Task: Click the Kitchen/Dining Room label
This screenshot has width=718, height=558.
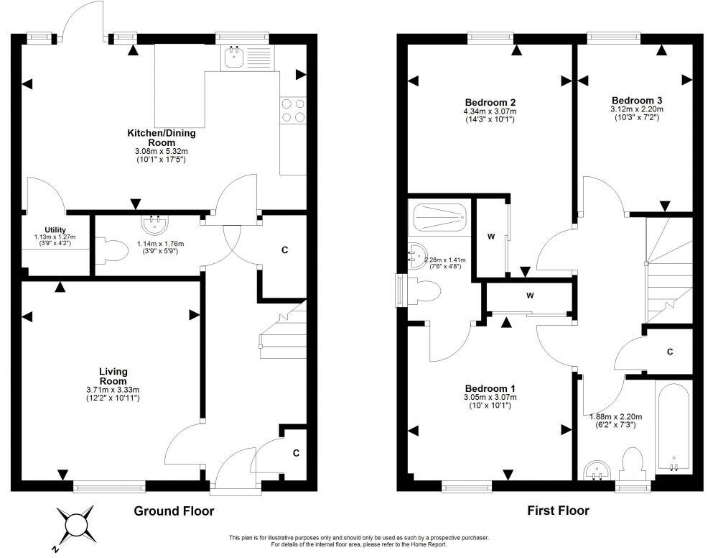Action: [161, 137]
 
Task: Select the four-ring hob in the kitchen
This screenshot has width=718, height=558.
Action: [292, 110]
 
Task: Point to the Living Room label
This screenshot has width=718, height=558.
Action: [113, 376]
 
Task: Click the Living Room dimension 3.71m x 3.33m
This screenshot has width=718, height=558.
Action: [113, 390]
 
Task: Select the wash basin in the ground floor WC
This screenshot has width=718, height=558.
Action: [153, 224]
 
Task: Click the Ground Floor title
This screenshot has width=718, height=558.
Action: [174, 511]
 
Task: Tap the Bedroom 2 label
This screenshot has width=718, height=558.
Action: [490, 102]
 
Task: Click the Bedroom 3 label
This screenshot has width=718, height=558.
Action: [637, 100]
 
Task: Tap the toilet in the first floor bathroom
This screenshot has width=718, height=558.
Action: [633, 462]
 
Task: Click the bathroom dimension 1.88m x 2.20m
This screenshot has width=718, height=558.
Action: [615, 416]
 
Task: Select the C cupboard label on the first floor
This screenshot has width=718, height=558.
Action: [669, 352]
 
